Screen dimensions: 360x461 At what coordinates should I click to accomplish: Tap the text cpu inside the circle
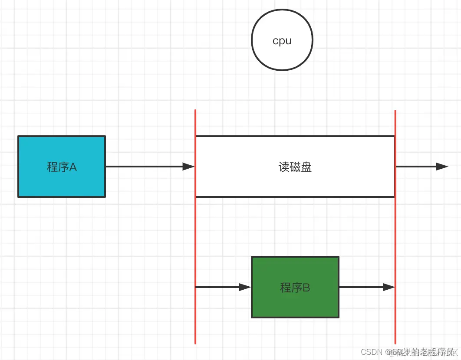click(x=282, y=41)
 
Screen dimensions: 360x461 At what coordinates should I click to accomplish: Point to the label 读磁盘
click(x=295, y=167)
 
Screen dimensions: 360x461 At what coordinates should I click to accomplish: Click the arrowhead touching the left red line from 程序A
click(x=189, y=167)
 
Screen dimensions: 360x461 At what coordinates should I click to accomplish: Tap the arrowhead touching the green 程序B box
click(x=245, y=287)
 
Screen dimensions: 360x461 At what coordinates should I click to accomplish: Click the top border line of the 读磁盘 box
click(x=295, y=136)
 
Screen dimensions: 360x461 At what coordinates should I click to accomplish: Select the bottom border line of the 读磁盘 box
click(x=295, y=197)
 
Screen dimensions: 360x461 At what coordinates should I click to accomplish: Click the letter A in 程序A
click(x=73, y=167)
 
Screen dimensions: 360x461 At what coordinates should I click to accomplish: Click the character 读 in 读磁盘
click(x=284, y=167)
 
